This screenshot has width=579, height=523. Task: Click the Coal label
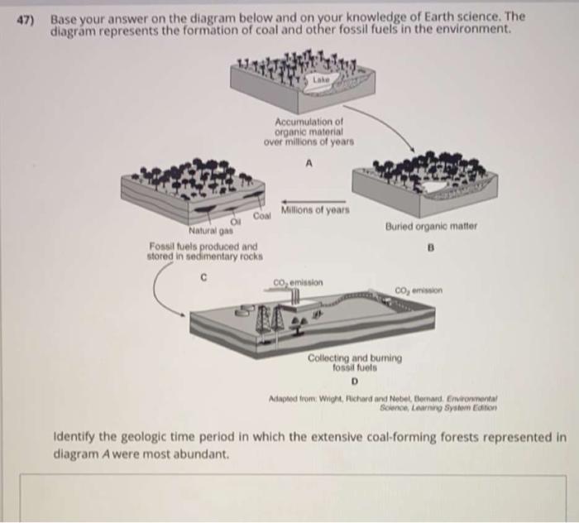click(x=262, y=216)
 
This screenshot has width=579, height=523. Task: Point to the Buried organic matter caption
click(x=430, y=225)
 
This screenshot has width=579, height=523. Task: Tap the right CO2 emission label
click(x=420, y=290)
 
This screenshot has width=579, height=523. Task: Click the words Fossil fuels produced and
click(x=203, y=247)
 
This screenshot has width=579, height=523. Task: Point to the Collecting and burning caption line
click(x=354, y=358)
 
